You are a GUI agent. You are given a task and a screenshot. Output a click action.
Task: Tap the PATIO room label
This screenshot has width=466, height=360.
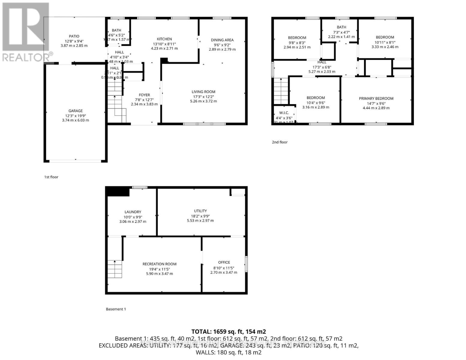[x=74, y=36]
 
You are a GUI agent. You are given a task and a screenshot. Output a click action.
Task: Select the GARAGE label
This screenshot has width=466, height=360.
[x=75, y=111]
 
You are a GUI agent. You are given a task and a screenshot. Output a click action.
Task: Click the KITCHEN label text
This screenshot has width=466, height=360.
[x=164, y=39]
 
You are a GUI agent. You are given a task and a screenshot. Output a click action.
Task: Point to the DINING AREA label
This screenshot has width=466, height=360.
[x=222, y=40]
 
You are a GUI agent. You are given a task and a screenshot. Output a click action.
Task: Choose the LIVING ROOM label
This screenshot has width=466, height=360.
[x=203, y=92]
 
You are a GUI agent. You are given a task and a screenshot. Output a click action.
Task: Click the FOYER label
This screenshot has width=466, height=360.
[x=144, y=95]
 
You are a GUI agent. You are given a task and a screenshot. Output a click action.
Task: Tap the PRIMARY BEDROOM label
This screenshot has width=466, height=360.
[x=376, y=98]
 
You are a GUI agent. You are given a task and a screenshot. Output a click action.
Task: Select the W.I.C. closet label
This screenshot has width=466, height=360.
[x=284, y=113]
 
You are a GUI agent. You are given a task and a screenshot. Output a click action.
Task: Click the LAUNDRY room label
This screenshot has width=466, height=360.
[x=133, y=212]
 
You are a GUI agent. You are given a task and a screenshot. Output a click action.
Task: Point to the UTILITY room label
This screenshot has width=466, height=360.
[x=200, y=211]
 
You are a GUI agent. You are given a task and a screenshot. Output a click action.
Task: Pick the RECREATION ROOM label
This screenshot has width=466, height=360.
[x=159, y=264]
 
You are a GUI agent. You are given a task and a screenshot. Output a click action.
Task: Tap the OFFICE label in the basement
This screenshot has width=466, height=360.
[x=224, y=262]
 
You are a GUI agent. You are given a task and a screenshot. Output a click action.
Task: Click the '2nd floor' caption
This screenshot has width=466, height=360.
[x=279, y=142]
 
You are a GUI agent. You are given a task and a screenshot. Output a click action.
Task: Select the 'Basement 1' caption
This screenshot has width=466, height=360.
[x=116, y=309]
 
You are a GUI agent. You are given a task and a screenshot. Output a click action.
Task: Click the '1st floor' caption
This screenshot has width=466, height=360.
[x=51, y=177]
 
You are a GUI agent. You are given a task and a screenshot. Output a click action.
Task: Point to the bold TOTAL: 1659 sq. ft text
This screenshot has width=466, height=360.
[x=229, y=331]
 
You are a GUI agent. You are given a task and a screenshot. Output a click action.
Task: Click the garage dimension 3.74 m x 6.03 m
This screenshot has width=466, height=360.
[x=75, y=120]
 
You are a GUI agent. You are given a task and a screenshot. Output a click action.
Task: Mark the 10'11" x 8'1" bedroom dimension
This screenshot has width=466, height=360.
[x=385, y=42]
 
